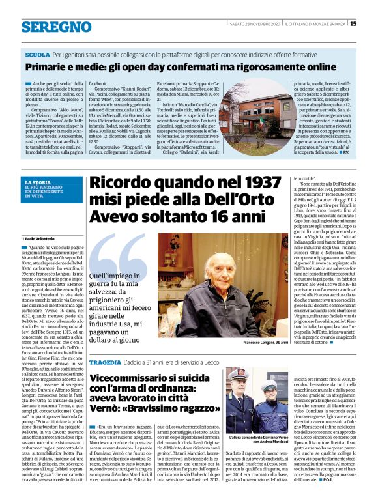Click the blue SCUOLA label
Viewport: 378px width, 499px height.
pyautogui.click(x=37, y=56)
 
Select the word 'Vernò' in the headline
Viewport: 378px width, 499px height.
pyautogui.click(x=104, y=408)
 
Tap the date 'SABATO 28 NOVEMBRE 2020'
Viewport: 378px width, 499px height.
pyautogui.click(x=255, y=24)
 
